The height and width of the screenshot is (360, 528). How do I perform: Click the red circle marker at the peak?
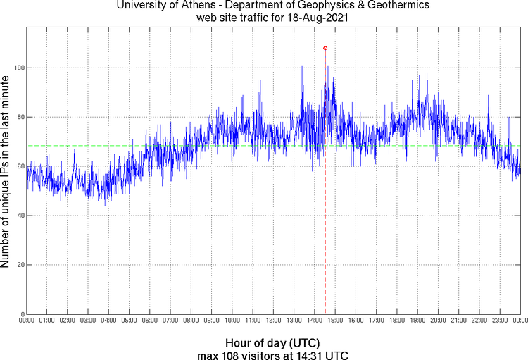click(x=325, y=48)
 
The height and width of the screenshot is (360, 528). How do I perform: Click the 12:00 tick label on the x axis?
click(x=273, y=321)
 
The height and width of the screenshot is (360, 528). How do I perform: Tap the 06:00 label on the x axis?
click(x=150, y=321)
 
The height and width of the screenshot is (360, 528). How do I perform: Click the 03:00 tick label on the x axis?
click(x=88, y=321)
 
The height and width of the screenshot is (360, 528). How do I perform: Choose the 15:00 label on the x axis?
click(x=335, y=321)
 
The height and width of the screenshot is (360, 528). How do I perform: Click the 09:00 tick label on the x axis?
click(x=212, y=321)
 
